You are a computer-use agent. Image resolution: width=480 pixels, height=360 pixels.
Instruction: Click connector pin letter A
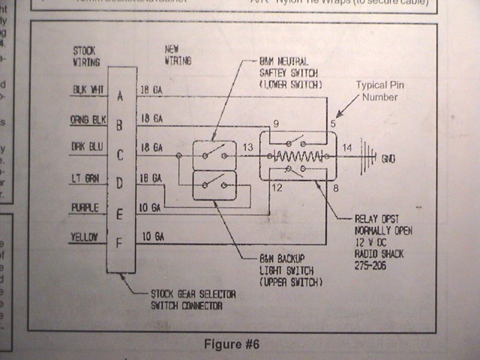(x=120, y=96)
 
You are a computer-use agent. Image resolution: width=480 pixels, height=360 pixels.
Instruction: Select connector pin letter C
(x=120, y=155)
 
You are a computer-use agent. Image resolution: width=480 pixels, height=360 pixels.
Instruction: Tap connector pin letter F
(x=120, y=242)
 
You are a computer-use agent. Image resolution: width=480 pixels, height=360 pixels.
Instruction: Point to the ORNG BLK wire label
(x=88, y=118)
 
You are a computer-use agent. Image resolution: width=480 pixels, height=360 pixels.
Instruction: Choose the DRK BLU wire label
(x=88, y=147)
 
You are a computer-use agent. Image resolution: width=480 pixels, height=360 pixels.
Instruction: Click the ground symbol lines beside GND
(x=367, y=156)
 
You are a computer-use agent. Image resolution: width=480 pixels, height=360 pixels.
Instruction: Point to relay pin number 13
(x=247, y=148)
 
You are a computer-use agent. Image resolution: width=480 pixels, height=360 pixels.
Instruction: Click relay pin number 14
(x=346, y=148)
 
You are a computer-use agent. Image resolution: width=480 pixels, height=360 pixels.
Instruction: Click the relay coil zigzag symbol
(x=299, y=156)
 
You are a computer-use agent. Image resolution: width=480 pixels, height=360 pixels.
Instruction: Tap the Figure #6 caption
(x=232, y=344)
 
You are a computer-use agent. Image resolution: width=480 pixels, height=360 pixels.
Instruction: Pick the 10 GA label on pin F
(x=153, y=236)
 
